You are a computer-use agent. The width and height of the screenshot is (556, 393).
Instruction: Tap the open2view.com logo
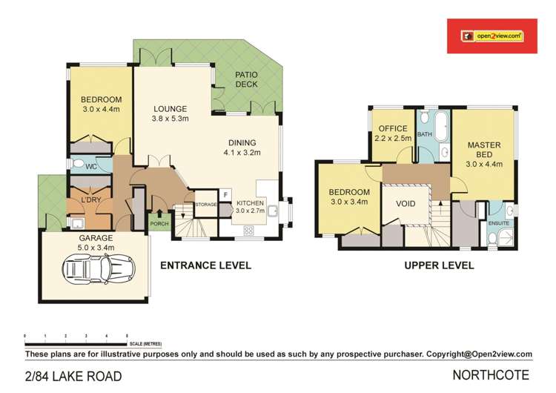pos(492,35)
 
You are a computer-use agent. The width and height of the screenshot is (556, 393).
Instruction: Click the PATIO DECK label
pos(246,79)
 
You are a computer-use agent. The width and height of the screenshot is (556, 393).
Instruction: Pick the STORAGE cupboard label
pos(205,205)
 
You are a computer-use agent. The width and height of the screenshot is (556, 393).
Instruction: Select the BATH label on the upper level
pos(425,134)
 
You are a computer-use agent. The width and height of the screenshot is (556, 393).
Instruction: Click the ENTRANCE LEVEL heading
pos(205,265)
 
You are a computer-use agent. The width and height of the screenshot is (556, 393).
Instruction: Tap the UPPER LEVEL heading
pos(440,265)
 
